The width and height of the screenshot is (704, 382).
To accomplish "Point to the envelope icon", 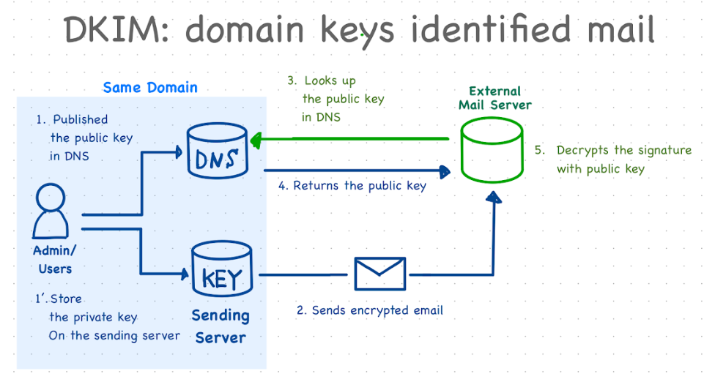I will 379,274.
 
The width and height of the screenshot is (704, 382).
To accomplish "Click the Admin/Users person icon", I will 52,211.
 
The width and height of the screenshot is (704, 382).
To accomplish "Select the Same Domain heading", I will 150,88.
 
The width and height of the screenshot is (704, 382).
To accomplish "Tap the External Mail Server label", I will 495,98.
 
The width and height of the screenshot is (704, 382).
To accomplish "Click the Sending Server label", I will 220,326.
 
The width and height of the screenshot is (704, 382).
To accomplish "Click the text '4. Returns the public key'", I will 352,186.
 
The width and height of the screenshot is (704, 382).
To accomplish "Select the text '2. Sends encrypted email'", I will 370,310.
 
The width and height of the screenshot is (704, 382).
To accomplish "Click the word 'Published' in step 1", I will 80,120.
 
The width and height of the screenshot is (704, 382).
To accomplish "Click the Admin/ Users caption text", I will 55,259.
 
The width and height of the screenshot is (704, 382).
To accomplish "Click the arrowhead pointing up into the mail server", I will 496,197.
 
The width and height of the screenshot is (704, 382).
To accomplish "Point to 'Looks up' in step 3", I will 330,81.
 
